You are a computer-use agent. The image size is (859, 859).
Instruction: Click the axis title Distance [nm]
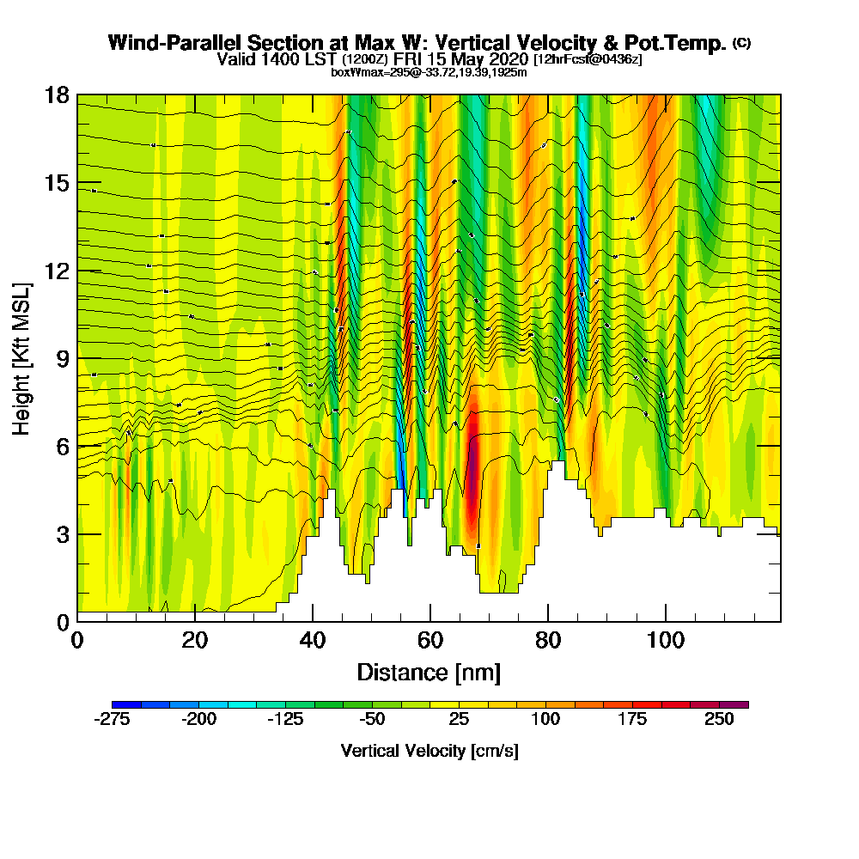[x=429, y=671]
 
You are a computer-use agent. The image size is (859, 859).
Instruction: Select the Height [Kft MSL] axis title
[x=22, y=357]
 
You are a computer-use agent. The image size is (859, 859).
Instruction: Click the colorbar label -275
[x=111, y=720]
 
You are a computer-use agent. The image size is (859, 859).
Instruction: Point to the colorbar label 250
[x=720, y=720]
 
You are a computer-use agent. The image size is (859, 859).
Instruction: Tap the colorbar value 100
[x=545, y=720]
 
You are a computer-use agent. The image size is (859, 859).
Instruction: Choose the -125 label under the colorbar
[x=284, y=720]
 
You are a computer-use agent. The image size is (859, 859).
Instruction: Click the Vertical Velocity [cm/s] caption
[x=429, y=751]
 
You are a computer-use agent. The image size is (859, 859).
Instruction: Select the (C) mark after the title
[x=741, y=42]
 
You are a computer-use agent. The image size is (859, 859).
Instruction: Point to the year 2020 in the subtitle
[x=507, y=59]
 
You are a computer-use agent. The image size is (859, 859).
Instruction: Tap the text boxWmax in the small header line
[x=354, y=72]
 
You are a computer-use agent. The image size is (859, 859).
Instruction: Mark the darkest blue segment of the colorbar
[x=126, y=704]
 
